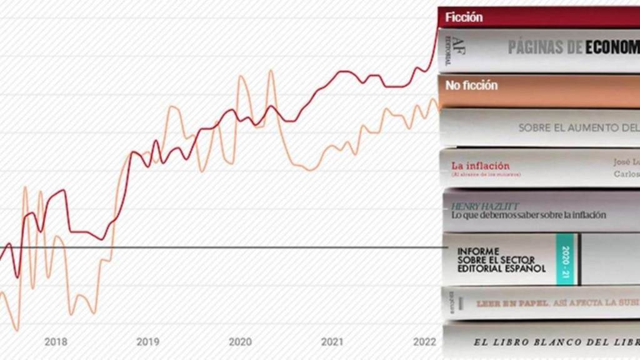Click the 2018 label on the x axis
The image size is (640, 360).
[56, 342]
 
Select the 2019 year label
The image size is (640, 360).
[147, 342]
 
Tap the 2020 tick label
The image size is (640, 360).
[240, 342]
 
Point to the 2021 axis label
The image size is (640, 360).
[332, 342]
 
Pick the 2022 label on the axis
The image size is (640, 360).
[424, 342]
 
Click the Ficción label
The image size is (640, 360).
[464, 17]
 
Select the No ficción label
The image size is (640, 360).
[471, 86]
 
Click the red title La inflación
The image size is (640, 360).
[480, 166]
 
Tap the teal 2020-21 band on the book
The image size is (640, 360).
[565, 259]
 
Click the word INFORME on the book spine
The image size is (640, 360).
[478, 251]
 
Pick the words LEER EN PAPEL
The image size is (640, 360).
[512, 304]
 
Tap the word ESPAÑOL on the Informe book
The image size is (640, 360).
[525, 269]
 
